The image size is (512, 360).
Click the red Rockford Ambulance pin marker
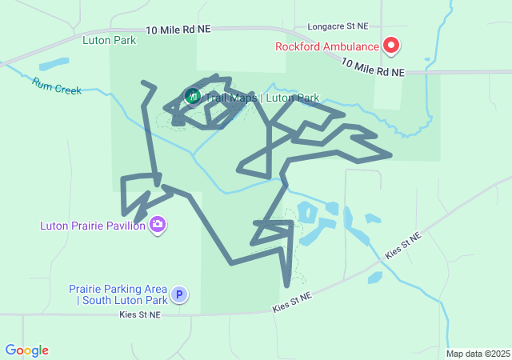pyautogui.click(x=391, y=45)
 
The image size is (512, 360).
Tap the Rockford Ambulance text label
pyautogui.click(x=328, y=46)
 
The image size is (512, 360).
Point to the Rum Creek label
pyautogui.click(x=57, y=85)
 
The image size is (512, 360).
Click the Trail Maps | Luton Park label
pyautogui.click(x=262, y=98)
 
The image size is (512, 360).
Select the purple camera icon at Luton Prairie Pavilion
pyautogui.click(x=158, y=224)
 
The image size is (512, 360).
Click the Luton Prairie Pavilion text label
pyautogui.click(x=93, y=226)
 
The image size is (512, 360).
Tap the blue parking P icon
pyautogui.click(x=180, y=294)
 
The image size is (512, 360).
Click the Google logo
pyautogui.click(x=26, y=350)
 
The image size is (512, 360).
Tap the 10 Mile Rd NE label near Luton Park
pyautogui.click(x=178, y=29)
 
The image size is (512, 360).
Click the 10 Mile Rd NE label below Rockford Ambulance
pyautogui.click(x=373, y=67)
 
